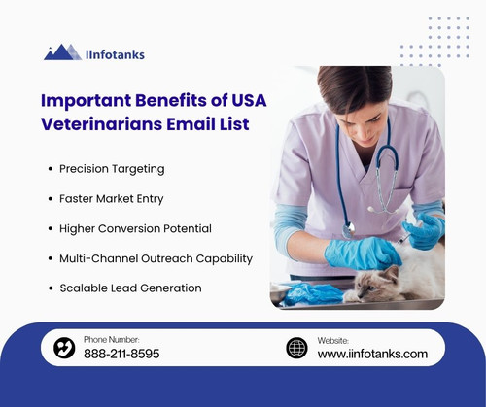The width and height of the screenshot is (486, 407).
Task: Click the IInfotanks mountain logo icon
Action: (x=61, y=52)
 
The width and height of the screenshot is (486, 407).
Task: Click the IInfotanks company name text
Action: (x=116, y=54)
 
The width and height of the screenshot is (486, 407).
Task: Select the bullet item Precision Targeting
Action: (x=112, y=168)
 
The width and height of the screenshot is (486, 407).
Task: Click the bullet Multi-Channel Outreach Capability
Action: (x=156, y=258)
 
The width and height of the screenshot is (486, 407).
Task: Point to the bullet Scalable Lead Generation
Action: (x=129, y=288)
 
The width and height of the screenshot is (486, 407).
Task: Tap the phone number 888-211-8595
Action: (x=121, y=355)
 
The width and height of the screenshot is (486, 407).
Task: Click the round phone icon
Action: (x=64, y=348)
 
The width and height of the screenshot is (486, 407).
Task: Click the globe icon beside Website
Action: (x=296, y=348)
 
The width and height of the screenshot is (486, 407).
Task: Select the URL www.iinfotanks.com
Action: (x=372, y=355)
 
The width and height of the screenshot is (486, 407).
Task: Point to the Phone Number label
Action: (x=112, y=339)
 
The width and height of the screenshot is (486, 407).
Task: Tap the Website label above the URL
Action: (x=333, y=340)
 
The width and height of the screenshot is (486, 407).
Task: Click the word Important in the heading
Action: (x=91, y=101)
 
